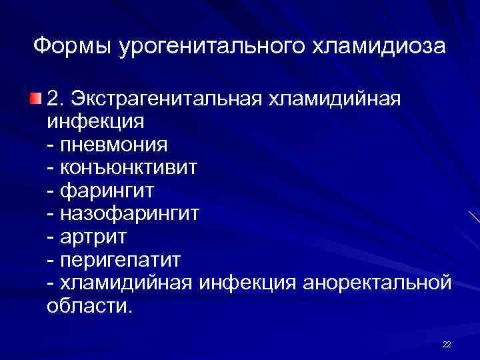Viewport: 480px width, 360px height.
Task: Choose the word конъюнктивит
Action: (129, 167)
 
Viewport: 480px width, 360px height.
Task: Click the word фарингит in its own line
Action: (107, 191)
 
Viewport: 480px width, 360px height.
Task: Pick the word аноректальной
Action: (377, 282)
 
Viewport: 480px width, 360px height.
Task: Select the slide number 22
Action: (447, 344)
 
